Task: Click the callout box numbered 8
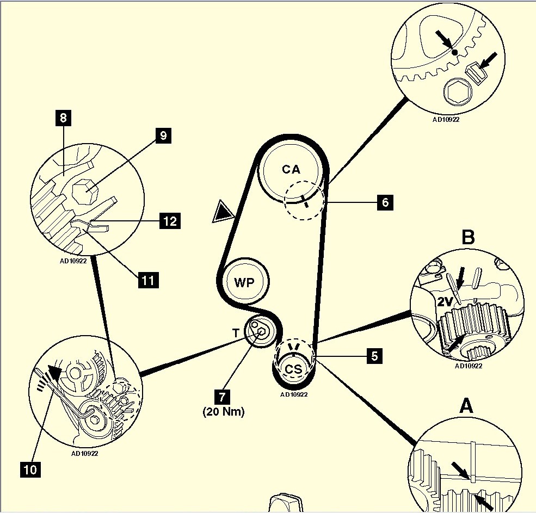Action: point(63,118)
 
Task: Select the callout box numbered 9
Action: point(163,135)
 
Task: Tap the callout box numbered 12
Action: point(170,221)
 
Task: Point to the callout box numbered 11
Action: point(148,280)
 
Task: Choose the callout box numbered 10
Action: point(30,469)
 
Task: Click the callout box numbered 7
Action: point(222,397)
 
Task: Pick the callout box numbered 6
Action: point(385,202)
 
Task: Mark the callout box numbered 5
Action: point(374,356)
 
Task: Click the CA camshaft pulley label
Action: point(291,169)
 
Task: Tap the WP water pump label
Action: point(244,282)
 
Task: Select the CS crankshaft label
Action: point(294,369)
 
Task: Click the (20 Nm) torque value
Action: point(224,411)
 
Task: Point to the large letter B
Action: point(468,237)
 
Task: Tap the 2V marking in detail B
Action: point(445,301)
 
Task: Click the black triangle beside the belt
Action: point(224,212)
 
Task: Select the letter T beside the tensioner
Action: point(236,333)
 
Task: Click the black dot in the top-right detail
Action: point(454,52)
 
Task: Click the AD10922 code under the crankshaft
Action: point(294,394)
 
